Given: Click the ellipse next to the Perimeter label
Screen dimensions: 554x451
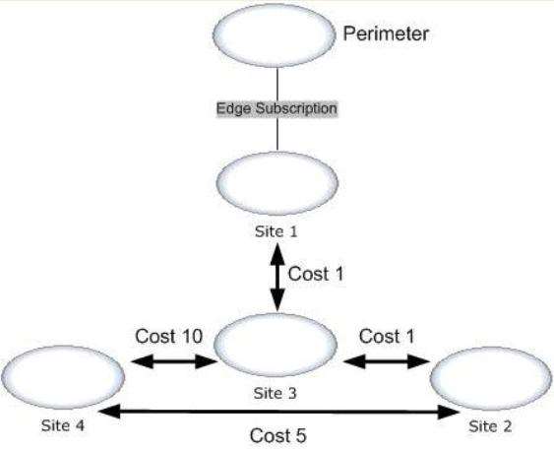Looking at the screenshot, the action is pos(274,35).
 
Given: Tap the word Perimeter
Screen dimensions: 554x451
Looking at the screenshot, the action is pos(386,33).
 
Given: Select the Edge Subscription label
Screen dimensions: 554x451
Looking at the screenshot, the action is pos(277,108).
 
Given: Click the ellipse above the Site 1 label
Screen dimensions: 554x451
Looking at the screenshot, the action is pos(277,183).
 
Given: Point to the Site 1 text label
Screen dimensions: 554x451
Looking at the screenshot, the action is pos(277,231).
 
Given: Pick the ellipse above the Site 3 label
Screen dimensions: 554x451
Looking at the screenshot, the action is pos(276,345).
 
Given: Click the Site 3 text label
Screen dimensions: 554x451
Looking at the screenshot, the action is pos(276,393).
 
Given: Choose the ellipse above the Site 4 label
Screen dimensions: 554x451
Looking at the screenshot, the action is pos(63,377).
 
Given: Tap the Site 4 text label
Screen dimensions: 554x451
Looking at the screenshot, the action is pos(63,425).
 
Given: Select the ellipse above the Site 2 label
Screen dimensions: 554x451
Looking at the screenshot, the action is pos(491,378).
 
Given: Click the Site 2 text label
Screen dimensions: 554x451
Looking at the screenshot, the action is pos(490,426).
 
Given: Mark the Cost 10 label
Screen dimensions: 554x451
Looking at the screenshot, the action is pos(169,336).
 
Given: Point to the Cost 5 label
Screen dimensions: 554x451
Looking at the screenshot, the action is pos(278,435).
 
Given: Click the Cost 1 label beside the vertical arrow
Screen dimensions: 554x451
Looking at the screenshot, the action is pos(316,274).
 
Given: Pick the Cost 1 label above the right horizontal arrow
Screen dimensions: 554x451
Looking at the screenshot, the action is pos(387,336).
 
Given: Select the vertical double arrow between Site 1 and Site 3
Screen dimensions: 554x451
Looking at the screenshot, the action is pos(277,278).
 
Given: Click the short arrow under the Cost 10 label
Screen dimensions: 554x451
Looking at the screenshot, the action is pos(174,361).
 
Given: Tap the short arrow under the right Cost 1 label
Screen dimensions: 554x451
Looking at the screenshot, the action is pos(387,361).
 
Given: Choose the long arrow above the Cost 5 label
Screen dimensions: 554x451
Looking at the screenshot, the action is pos(278,412).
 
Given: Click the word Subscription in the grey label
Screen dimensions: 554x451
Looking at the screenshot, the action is pos(296,108).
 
